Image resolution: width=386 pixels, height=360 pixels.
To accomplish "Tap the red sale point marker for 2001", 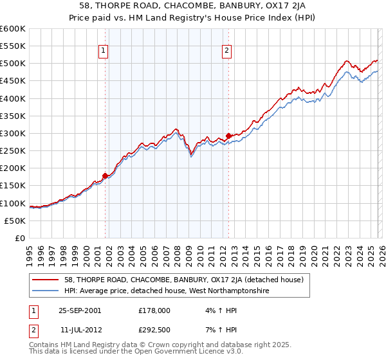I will pos(106,175).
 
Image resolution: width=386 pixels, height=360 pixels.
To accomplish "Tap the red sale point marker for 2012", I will pos(228,136).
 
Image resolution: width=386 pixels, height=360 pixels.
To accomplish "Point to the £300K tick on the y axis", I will pos(13,133).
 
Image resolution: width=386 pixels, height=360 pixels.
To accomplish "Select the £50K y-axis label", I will pos(15,221).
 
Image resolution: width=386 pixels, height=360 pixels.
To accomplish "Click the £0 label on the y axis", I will pos(19,238).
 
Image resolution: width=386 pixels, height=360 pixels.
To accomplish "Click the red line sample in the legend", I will pos(46,280).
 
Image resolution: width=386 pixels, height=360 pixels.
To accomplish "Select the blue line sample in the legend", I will pos(46,291).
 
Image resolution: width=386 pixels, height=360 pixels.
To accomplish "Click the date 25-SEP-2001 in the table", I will pos(80,310).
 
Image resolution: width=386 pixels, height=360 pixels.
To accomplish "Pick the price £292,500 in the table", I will pos(154,330).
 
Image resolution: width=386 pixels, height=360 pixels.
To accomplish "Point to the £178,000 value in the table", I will pos(154,310).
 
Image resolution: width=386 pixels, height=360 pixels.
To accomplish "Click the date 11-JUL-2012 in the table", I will pos(79,330).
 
